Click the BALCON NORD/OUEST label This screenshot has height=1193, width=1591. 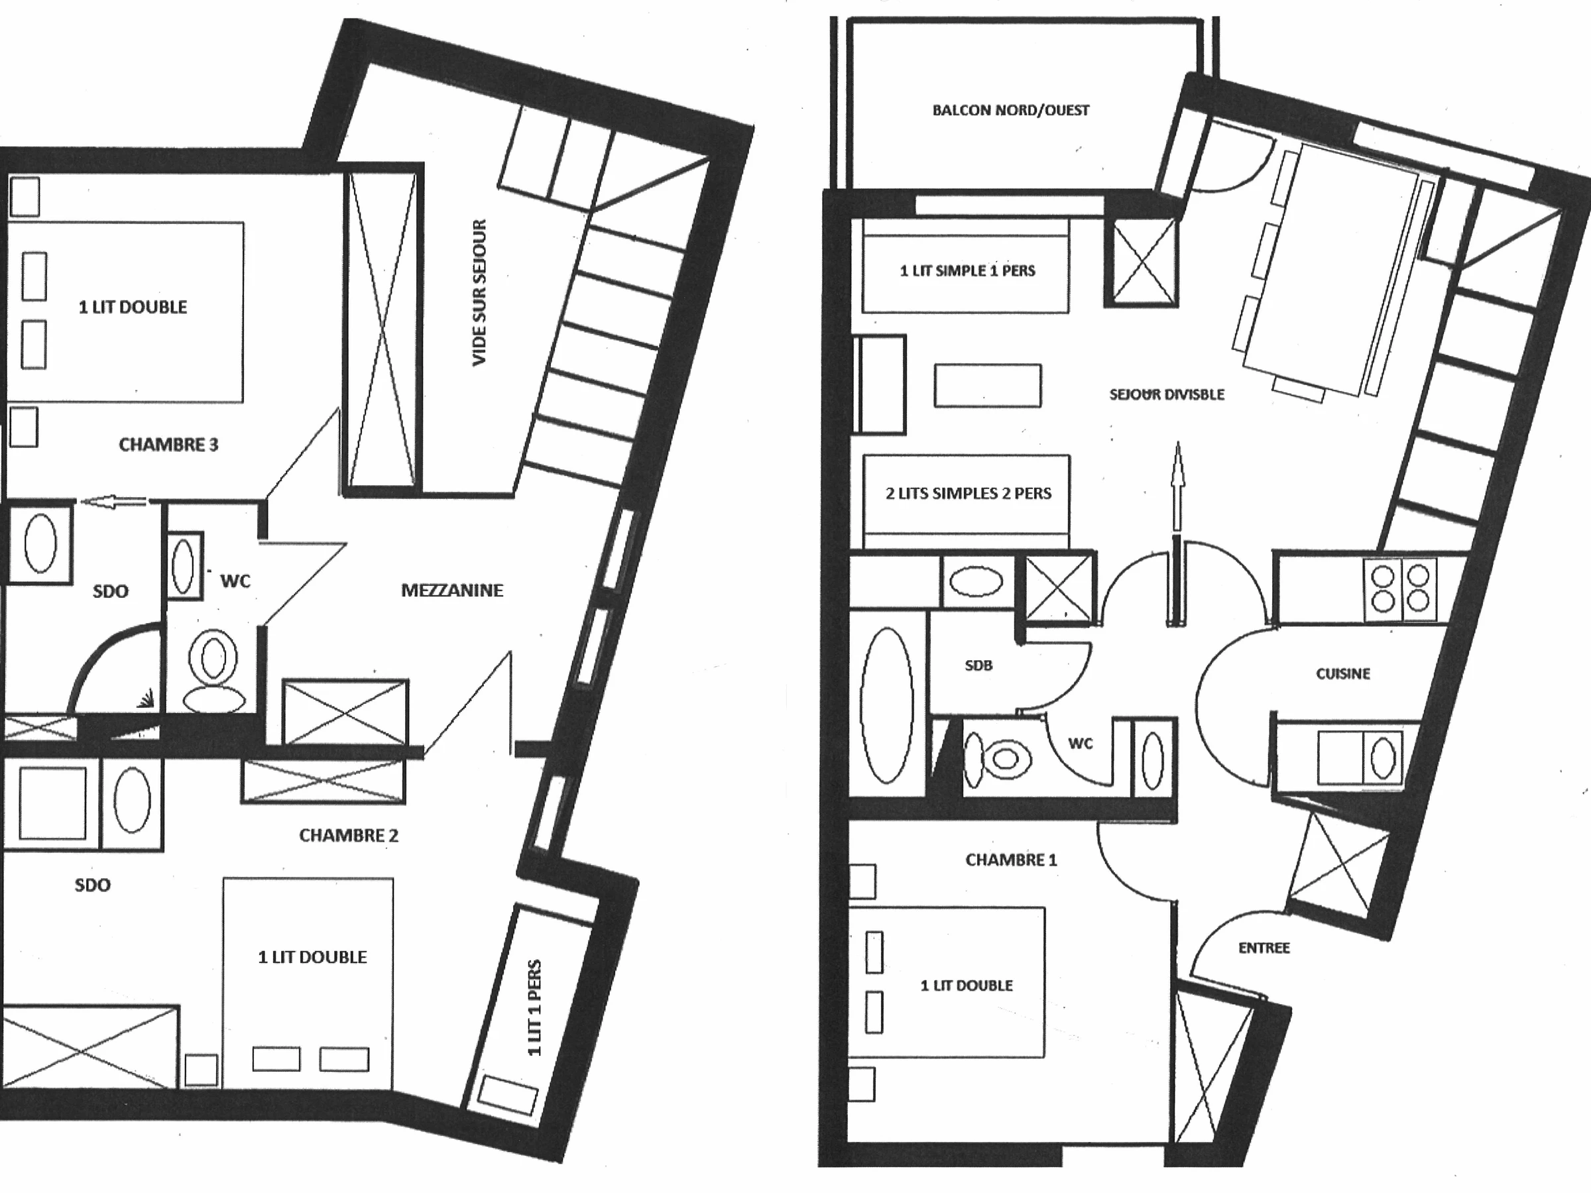tap(1010, 110)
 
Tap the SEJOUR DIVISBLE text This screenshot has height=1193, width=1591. tap(1167, 394)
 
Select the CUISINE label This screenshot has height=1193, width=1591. tap(1343, 674)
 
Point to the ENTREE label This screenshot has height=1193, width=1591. tap(1264, 948)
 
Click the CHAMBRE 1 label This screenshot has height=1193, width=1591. tap(1011, 860)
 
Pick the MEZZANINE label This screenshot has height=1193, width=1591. tap(451, 591)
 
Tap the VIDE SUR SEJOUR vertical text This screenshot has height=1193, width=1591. tap(480, 293)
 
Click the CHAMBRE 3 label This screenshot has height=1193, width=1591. tap(168, 445)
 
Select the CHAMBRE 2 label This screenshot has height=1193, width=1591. tap(349, 835)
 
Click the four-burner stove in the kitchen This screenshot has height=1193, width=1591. tap(1400, 589)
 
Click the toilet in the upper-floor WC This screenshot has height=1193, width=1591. tap(213, 671)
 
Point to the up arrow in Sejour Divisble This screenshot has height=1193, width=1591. tap(1177, 486)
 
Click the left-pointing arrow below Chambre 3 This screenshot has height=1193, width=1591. tap(113, 502)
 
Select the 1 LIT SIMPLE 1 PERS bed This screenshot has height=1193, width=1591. tap(965, 265)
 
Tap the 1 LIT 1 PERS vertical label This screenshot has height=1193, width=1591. tap(534, 1007)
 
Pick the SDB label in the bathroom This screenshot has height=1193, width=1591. tap(978, 666)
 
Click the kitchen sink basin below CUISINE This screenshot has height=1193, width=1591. tap(1383, 758)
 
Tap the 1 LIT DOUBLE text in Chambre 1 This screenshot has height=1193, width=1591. tap(966, 985)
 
